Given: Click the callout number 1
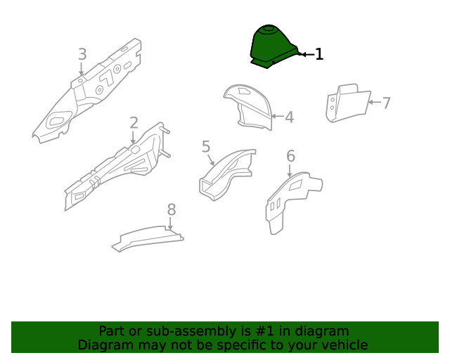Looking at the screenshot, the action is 319,54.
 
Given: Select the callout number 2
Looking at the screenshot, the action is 134,123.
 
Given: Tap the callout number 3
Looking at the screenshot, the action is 82,54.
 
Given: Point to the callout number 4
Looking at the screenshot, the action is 289,117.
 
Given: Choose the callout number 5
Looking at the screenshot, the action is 206,146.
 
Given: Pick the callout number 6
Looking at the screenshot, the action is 290,156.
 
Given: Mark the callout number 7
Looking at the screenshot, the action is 386,103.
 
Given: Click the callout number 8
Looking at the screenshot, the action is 172,210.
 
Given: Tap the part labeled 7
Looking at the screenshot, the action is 348,103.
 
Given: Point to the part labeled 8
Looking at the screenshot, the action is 148,239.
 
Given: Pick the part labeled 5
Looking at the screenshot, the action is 226,175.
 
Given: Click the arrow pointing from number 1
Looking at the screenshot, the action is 307,54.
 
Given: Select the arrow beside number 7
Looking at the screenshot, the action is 375,102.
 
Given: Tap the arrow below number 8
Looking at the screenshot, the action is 170,224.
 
